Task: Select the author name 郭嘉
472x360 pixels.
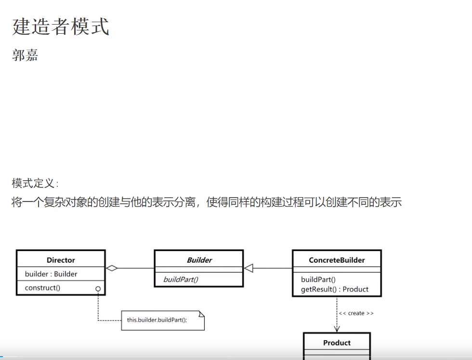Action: (25, 55)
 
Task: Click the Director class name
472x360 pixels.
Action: (61, 260)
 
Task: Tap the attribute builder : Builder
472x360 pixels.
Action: (51, 274)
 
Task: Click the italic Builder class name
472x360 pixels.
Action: (199, 260)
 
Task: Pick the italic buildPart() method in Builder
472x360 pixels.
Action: (181, 280)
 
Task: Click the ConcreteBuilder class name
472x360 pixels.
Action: (337, 260)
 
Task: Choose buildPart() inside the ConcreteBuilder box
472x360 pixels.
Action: (318, 280)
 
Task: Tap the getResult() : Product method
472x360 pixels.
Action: (335, 289)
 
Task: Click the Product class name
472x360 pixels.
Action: (337, 343)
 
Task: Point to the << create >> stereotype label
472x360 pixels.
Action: (356, 313)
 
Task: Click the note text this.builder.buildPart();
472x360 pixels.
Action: (157, 320)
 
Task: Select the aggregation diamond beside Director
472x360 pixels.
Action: (112, 268)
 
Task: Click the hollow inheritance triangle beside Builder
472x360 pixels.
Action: (249, 268)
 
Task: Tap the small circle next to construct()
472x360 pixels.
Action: (98, 289)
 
